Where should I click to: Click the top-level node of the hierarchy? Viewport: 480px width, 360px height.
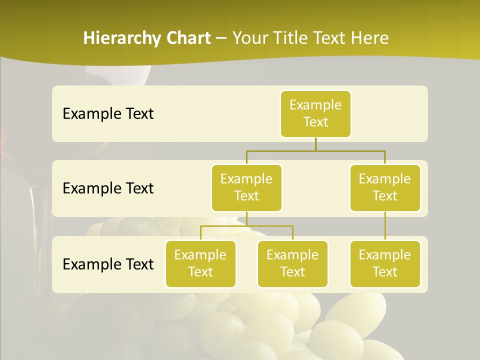[x=315, y=113]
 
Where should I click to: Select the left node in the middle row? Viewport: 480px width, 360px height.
[x=246, y=187]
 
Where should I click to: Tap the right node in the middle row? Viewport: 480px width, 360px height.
[x=385, y=187]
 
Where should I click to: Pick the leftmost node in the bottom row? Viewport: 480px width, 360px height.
[x=200, y=263]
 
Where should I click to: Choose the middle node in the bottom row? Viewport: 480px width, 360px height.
[x=292, y=263]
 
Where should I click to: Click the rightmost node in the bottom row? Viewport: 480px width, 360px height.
[x=385, y=263]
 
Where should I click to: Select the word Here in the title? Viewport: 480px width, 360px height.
[x=371, y=38]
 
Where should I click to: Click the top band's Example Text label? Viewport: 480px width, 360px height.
[x=108, y=114]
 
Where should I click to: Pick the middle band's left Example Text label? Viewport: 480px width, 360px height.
[x=108, y=188]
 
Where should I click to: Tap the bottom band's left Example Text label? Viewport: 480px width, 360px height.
[x=108, y=264]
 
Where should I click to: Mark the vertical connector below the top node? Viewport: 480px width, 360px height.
[x=315, y=144]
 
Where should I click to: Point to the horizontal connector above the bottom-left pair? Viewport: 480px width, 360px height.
[x=246, y=226]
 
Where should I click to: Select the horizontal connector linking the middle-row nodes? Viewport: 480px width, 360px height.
[x=315, y=150]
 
